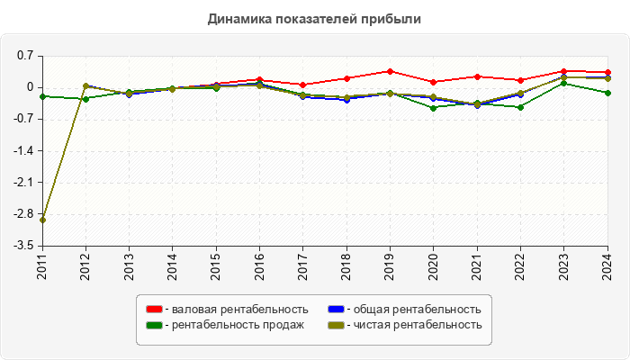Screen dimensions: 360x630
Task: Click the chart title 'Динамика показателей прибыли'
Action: coord(314,18)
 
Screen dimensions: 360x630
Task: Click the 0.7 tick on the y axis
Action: coord(24,56)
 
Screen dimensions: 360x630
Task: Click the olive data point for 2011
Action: coord(43,220)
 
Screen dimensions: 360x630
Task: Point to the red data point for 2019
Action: coord(390,71)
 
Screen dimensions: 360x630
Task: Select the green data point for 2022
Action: coord(520,107)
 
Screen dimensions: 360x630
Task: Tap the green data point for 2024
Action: coord(607,93)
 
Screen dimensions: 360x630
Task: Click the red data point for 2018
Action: coord(346,78)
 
